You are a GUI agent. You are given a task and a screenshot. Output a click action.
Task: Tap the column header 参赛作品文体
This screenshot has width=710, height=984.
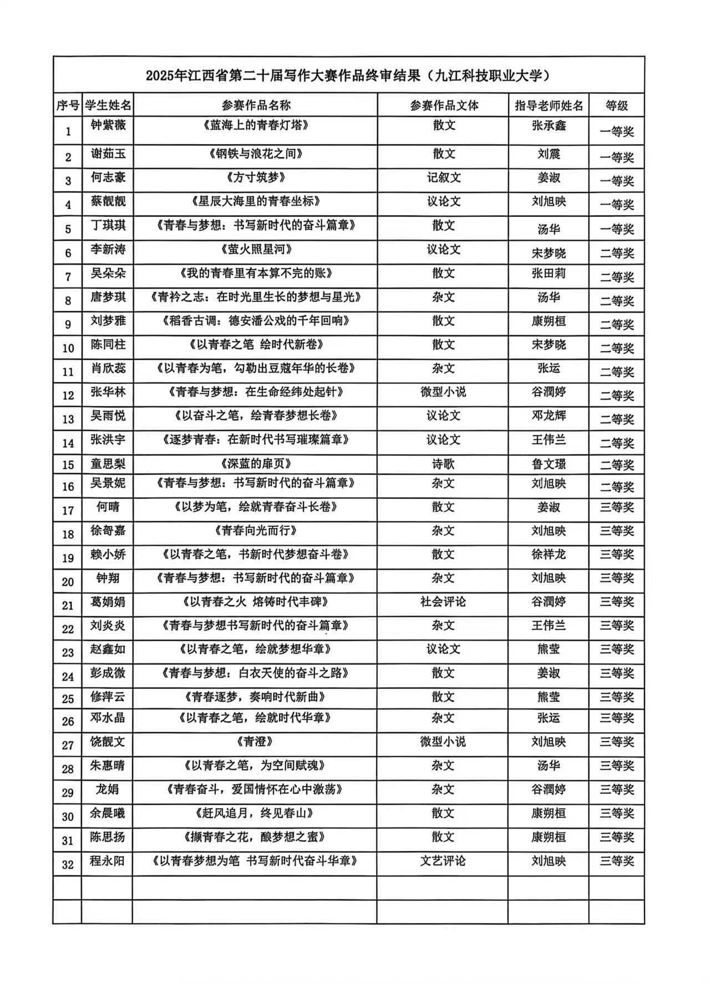pos(444,105)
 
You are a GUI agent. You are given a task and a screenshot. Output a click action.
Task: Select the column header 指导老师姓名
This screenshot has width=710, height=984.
pos(549,105)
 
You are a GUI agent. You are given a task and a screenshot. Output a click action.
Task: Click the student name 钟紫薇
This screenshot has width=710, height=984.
pos(108,125)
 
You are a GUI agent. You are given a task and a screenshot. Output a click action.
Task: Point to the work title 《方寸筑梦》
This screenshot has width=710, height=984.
pos(255,177)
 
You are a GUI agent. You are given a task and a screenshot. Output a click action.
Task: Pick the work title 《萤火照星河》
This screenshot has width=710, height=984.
pos(255,250)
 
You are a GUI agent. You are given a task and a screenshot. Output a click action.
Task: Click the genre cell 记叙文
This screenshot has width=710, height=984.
pos(444,177)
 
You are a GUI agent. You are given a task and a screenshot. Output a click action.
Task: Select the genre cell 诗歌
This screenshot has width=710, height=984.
pos(444,464)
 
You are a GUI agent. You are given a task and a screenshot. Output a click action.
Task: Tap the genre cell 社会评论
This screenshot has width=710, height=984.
pos(443,602)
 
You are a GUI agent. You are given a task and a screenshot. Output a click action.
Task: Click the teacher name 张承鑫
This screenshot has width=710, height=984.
pos(549,125)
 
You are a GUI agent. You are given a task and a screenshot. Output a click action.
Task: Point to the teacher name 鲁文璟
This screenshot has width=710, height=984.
pos(549,464)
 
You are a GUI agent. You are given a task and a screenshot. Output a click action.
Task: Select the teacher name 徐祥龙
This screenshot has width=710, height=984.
pos(549,554)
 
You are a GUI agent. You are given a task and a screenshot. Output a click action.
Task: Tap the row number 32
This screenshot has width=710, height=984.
pos(68,864)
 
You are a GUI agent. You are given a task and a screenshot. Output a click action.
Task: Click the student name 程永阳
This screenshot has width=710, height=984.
pos(108,861)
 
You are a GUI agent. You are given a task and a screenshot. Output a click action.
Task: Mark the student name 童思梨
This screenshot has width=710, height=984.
pos(108,464)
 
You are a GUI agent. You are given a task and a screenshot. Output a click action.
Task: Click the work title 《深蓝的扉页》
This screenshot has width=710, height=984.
pos(255,464)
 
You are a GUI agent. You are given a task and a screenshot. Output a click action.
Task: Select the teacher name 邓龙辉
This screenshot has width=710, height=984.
pos(549,416)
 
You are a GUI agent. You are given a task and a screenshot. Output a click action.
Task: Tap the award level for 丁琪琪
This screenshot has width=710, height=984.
pos(617,229)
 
